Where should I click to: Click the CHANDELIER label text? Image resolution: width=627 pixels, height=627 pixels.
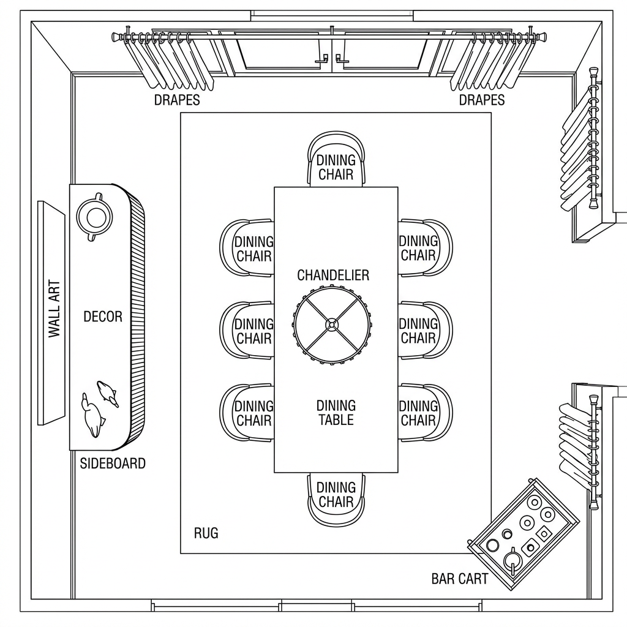[x=333, y=276]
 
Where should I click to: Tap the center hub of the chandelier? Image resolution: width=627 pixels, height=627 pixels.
[x=331, y=325]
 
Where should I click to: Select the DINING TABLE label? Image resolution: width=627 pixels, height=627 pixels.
[x=336, y=413]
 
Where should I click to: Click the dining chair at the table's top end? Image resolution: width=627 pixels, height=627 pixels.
[x=336, y=160]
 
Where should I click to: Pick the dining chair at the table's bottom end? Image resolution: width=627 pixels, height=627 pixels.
[x=336, y=497]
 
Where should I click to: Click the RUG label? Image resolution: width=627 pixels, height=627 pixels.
[x=206, y=533]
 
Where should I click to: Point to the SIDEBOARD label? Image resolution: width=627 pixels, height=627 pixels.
[x=113, y=464]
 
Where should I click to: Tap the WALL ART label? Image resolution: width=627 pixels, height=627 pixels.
[x=54, y=309]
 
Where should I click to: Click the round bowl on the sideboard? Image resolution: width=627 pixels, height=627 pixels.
[x=95, y=217]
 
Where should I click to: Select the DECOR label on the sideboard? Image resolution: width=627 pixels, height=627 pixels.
[x=103, y=317]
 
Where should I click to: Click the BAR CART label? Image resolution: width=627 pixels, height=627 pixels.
[x=460, y=579]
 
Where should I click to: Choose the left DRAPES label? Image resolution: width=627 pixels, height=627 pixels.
[x=177, y=100]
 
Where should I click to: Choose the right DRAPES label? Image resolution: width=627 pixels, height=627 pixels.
[x=482, y=100]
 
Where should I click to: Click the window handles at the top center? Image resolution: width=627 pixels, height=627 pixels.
[x=331, y=59]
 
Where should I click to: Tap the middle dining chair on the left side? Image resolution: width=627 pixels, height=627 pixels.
[x=247, y=331]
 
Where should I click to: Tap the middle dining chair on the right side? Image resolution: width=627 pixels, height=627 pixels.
[x=425, y=331]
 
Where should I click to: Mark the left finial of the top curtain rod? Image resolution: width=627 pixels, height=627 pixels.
[x=116, y=37]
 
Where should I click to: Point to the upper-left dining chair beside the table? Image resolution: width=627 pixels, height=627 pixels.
[x=247, y=248]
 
